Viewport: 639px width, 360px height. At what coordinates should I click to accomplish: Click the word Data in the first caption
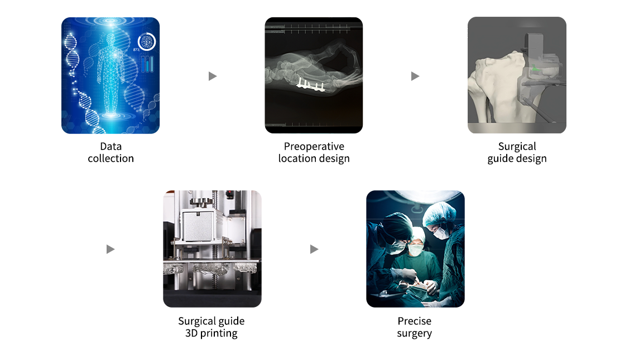[x=111, y=146]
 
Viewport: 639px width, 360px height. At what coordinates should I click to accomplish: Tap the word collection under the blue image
[x=111, y=159]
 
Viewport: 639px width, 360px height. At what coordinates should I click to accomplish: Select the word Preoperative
[x=314, y=147]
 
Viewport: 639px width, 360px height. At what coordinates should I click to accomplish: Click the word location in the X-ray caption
[x=297, y=159]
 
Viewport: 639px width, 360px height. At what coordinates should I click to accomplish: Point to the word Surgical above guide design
[x=517, y=147]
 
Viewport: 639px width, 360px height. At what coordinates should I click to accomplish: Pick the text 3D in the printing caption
[x=191, y=333]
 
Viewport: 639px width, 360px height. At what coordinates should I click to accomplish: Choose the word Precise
[x=415, y=321]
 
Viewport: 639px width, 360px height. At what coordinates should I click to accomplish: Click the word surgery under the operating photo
[x=415, y=334]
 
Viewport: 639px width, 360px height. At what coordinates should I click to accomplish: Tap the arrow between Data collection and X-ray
[x=212, y=76]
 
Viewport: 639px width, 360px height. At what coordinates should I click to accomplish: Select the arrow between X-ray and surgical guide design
[x=415, y=76]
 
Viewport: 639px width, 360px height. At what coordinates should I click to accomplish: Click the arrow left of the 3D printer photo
[x=110, y=249]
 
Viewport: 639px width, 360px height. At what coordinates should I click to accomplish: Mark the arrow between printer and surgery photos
[x=314, y=249]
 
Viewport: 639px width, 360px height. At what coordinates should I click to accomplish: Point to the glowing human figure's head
[x=110, y=39]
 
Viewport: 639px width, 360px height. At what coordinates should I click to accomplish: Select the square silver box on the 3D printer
[x=198, y=225]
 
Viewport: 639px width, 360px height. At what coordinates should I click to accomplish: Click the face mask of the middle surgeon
[x=415, y=250]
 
